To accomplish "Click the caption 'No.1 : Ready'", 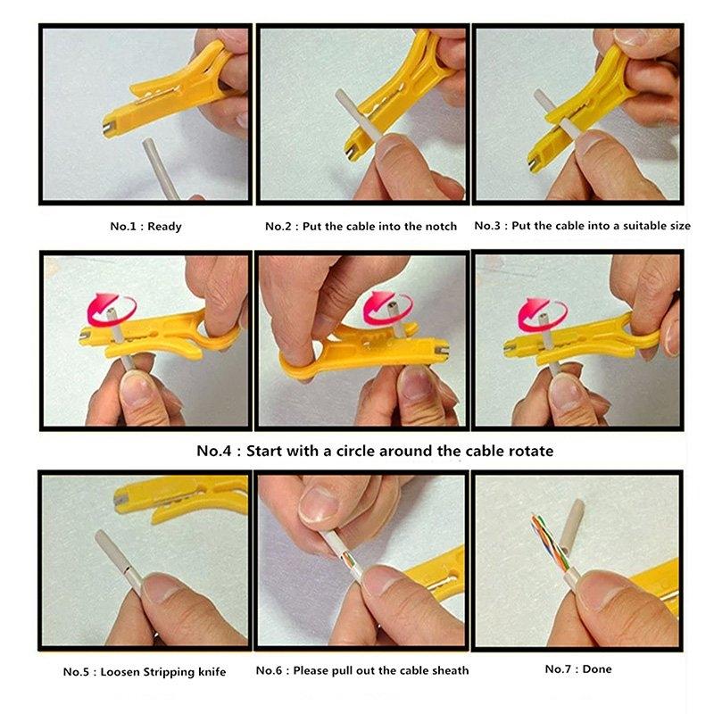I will coord(145,227).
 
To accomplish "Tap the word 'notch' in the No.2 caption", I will coord(438,227).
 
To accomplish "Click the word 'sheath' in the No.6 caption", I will coord(449,670).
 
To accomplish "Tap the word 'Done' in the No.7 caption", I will coord(597,668).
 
